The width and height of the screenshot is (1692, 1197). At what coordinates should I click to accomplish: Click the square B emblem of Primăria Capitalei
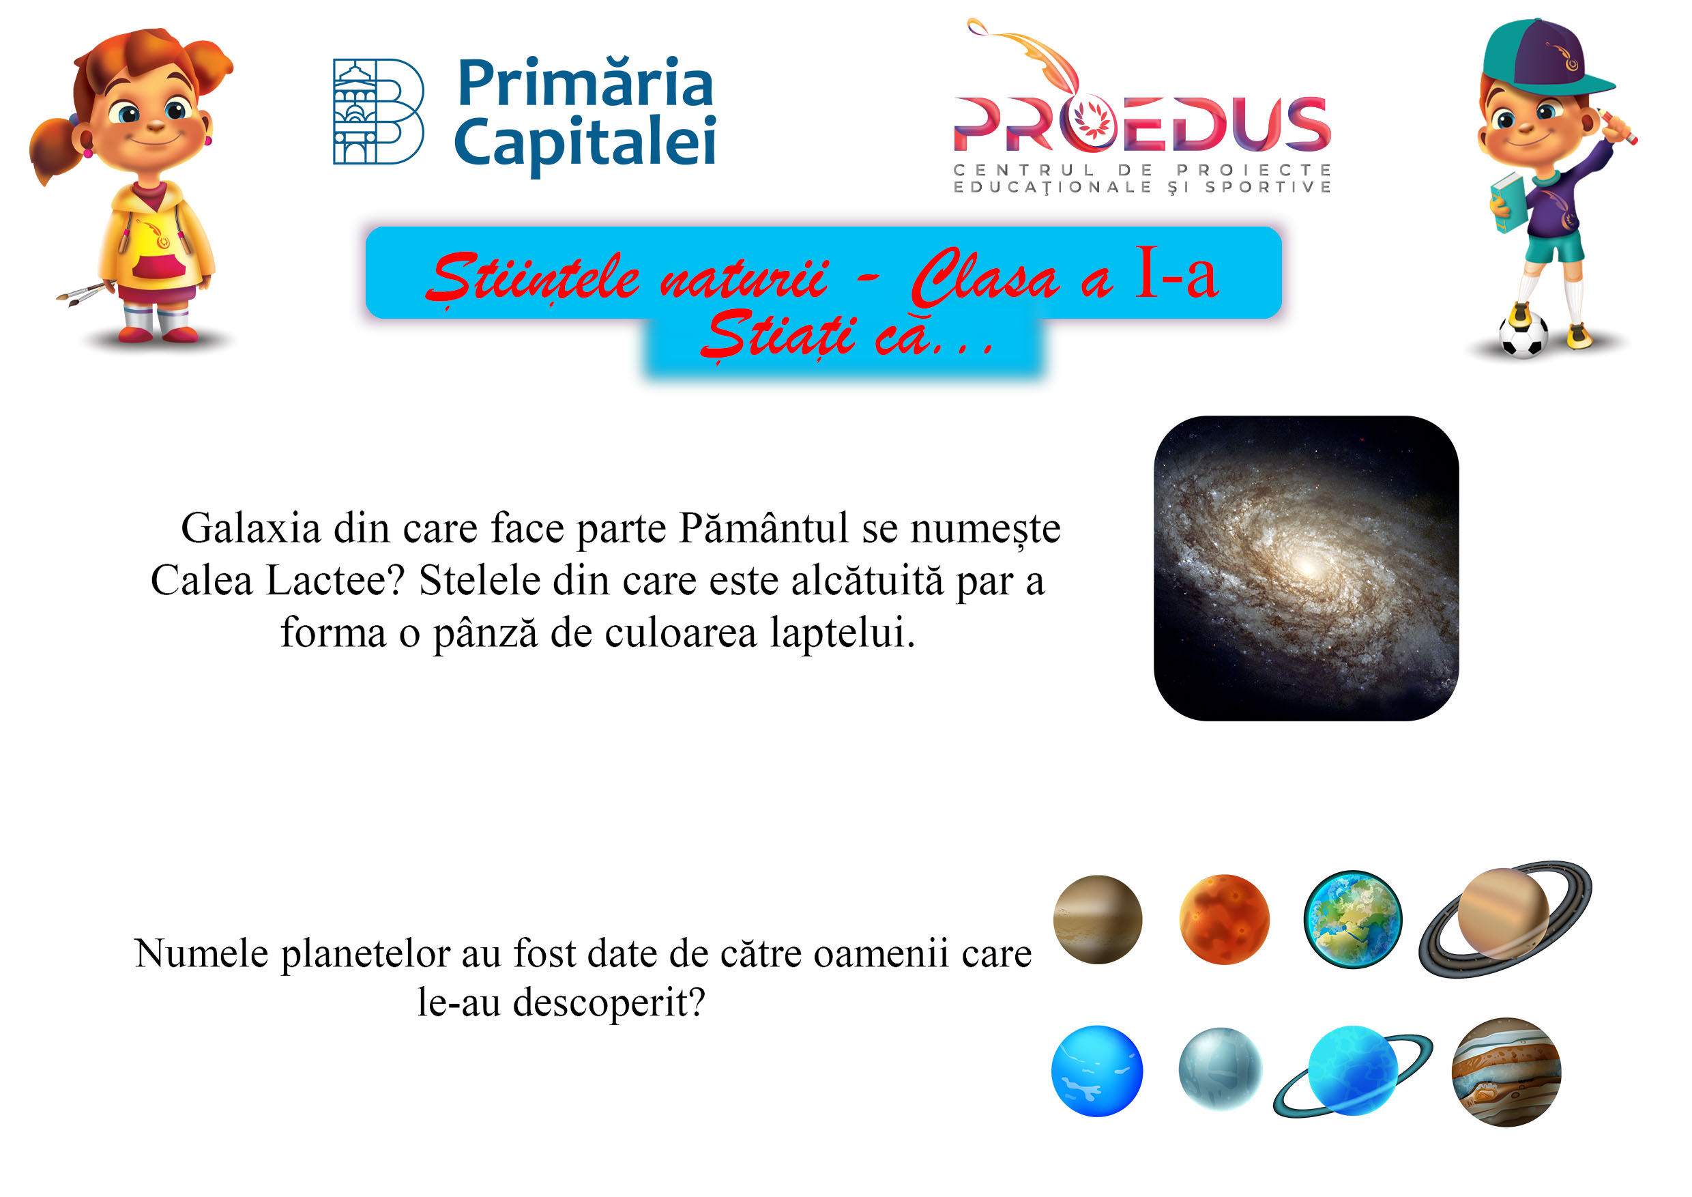pos(378,111)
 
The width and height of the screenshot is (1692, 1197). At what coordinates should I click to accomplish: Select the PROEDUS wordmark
pos(1141,124)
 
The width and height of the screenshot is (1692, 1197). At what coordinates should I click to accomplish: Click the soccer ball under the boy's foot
pos(1523,336)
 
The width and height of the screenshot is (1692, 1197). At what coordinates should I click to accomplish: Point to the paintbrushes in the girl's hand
pos(83,294)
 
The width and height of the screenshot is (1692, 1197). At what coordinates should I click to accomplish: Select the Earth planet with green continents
pos(1352,919)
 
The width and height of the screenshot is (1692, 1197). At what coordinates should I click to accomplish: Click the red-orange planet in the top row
pos(1224,919)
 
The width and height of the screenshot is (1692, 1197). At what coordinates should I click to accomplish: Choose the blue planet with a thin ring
pos(1353,1070)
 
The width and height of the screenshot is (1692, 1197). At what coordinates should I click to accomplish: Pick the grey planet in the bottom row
pos(1221,1069)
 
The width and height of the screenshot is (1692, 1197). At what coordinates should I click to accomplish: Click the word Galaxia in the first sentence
pos(251,528)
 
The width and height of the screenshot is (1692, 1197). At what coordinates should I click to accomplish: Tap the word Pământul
pos(764,528)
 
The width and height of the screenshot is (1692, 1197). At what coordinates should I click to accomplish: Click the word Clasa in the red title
pos(984,278)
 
